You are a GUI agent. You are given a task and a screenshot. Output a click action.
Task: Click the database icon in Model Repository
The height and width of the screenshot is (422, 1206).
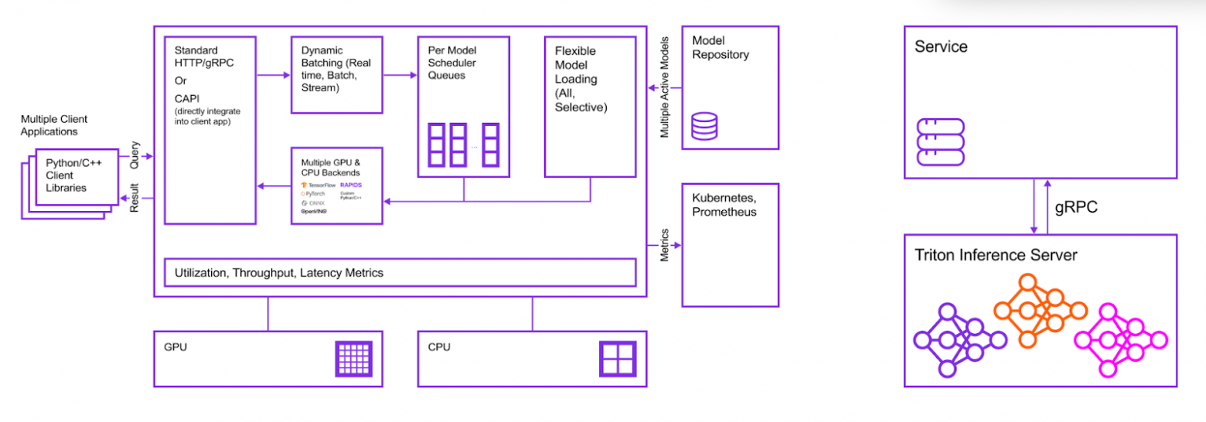click(x=704, y=126)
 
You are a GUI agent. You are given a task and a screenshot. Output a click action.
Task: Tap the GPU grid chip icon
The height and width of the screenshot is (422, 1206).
click(x=354, y=359)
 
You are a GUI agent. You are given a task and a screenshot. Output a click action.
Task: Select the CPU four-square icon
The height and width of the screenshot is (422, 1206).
click(x=618, y=359)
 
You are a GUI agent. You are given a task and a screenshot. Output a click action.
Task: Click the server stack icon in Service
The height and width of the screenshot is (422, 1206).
click(x=940, y=141)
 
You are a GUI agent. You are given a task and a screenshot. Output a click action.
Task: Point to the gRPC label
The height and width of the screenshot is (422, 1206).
click(x=1076, y=208)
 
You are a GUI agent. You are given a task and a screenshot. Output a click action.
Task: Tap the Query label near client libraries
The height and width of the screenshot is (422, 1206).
click(x=135, y=155)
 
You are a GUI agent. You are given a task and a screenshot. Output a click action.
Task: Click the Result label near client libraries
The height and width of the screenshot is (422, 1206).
click(x=135, y=198)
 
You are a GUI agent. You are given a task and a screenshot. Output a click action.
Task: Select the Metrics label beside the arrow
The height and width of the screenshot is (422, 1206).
click(x=664, y=245)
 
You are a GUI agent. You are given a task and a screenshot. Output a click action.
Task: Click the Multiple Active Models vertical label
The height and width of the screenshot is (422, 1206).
click(x=664, y=87)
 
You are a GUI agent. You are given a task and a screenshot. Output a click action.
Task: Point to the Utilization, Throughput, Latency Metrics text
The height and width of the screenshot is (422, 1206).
click(x=279, y=273)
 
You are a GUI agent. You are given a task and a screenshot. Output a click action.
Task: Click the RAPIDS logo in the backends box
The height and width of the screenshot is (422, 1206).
click(x=351, y=185)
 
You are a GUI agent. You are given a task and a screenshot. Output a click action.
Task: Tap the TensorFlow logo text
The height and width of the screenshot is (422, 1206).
click(x=321, y=185)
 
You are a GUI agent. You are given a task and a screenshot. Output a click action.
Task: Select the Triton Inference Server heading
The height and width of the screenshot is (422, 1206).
click(x=996, y=255)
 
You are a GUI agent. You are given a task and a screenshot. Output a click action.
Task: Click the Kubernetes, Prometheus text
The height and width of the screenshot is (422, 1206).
click(x=724, y=206)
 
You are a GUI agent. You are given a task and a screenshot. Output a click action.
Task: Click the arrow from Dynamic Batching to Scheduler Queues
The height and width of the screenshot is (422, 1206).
click(x=400, y=75)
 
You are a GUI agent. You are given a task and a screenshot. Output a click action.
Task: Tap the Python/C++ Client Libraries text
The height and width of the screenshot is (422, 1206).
click(x=70, y=175)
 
